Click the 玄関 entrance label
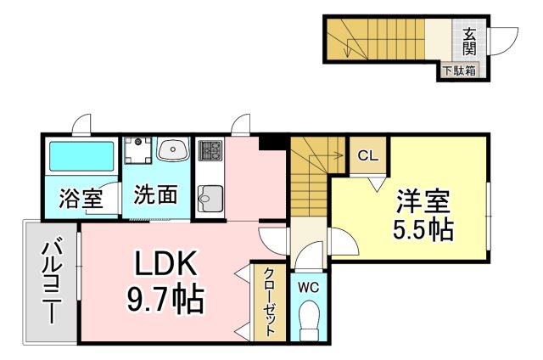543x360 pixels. (469, 42)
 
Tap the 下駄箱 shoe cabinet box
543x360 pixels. (460, 71)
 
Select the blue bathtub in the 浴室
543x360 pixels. (81, 156)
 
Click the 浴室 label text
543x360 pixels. (81, 198)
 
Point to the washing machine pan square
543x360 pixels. (138, 150)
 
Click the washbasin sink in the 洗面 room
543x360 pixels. (173, 149)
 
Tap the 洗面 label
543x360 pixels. (156, 194)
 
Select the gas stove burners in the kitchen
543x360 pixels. (210, 150)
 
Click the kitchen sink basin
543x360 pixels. (210, 199)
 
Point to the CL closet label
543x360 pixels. (367, 156)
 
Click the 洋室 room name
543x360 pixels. (423, 201)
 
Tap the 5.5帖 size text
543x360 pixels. (423, 229)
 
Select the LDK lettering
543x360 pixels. (165, 262)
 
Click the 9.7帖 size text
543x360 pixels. (165, 299)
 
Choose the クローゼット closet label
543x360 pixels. (270, 301)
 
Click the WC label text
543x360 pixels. (308, 287)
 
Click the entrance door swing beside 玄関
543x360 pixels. (503, 41)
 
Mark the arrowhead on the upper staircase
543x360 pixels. (347, 53)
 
